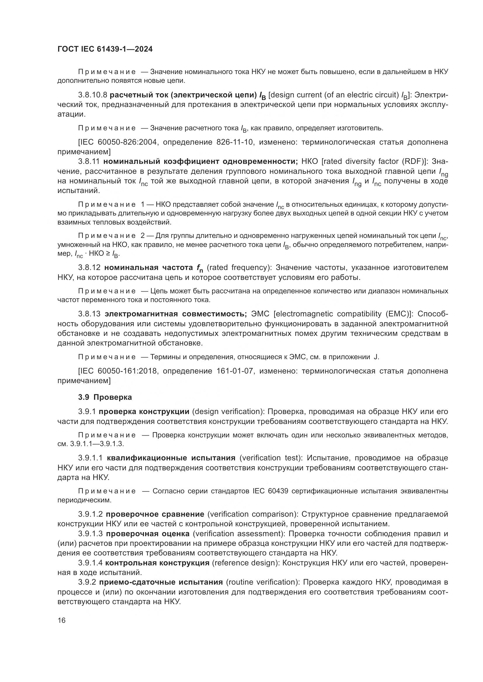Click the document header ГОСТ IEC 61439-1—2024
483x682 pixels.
pos(105,49)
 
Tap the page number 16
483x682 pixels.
pos(62,620)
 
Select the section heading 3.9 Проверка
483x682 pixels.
pos(105,397)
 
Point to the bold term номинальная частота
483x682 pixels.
pos(148,268)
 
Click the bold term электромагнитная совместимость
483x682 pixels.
pos(176,314)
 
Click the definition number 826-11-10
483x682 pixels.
pos(235,142)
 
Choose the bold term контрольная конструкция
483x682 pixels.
pos(157,563)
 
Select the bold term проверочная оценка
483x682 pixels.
pos(147,534)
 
